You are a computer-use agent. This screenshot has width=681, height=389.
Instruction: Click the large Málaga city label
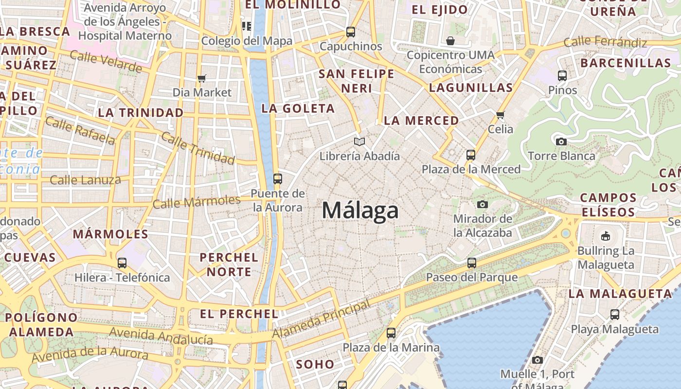point(360,211)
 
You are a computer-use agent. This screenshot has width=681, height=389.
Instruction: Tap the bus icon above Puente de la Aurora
point(278,179)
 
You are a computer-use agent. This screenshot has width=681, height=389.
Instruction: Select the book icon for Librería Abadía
point(359,141)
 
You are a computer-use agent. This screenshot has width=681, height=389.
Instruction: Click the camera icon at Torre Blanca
point(561,141)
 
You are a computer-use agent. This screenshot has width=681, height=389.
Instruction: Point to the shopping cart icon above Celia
point(500,115)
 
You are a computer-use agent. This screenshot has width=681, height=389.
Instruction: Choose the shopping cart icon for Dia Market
point(202,78)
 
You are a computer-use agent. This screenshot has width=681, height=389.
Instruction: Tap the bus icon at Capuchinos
point(351,32)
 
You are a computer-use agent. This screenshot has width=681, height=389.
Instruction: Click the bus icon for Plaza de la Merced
point(470,155)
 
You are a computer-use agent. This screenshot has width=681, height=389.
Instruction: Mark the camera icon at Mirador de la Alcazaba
point(482,204)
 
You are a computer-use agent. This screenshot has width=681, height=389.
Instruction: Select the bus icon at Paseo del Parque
point(471,263)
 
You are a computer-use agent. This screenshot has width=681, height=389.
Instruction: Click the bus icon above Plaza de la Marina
point(391,333)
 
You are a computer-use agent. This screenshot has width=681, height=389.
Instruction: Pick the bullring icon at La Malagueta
point(605,236)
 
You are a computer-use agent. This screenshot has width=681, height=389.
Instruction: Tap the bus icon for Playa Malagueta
point(615,315)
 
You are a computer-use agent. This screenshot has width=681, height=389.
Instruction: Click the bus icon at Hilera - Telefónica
point(122,263)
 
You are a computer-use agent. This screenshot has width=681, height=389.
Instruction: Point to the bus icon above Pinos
point(562,76)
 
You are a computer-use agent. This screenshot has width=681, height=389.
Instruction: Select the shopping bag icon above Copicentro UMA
point(450,40)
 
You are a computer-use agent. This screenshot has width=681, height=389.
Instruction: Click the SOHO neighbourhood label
point(315,364)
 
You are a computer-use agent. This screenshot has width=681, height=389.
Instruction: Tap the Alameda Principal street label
point(321,319)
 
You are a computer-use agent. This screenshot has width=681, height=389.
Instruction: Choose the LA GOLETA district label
point(298,108)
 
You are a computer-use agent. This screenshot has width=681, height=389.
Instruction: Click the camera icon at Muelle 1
point(538,360)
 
